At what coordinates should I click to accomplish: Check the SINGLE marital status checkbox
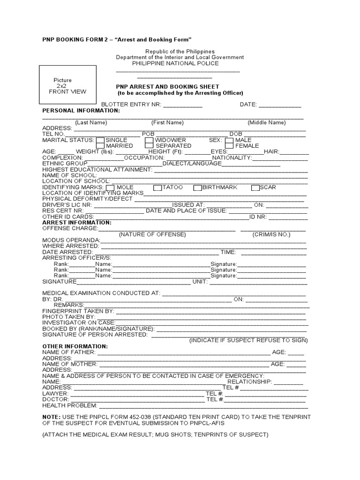[x=100, y=140]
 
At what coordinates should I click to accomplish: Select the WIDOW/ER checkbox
[x=149, y=140]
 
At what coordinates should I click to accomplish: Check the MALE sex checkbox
[x=229, y=140]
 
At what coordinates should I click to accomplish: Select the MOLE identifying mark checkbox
[x=111, y=187]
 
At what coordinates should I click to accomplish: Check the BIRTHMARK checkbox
[x=197, y=187]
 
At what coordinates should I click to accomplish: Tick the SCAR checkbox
[x=255, y=187]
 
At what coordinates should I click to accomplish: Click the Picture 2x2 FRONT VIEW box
[x=68, y=86]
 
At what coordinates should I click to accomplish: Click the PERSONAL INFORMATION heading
[x=81, y=111]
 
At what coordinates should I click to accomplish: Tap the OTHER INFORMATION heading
[x=75, y=346]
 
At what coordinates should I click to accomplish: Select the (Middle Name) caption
[x=267, y=122]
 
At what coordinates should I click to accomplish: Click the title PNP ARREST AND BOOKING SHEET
[x=167, y=87]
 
